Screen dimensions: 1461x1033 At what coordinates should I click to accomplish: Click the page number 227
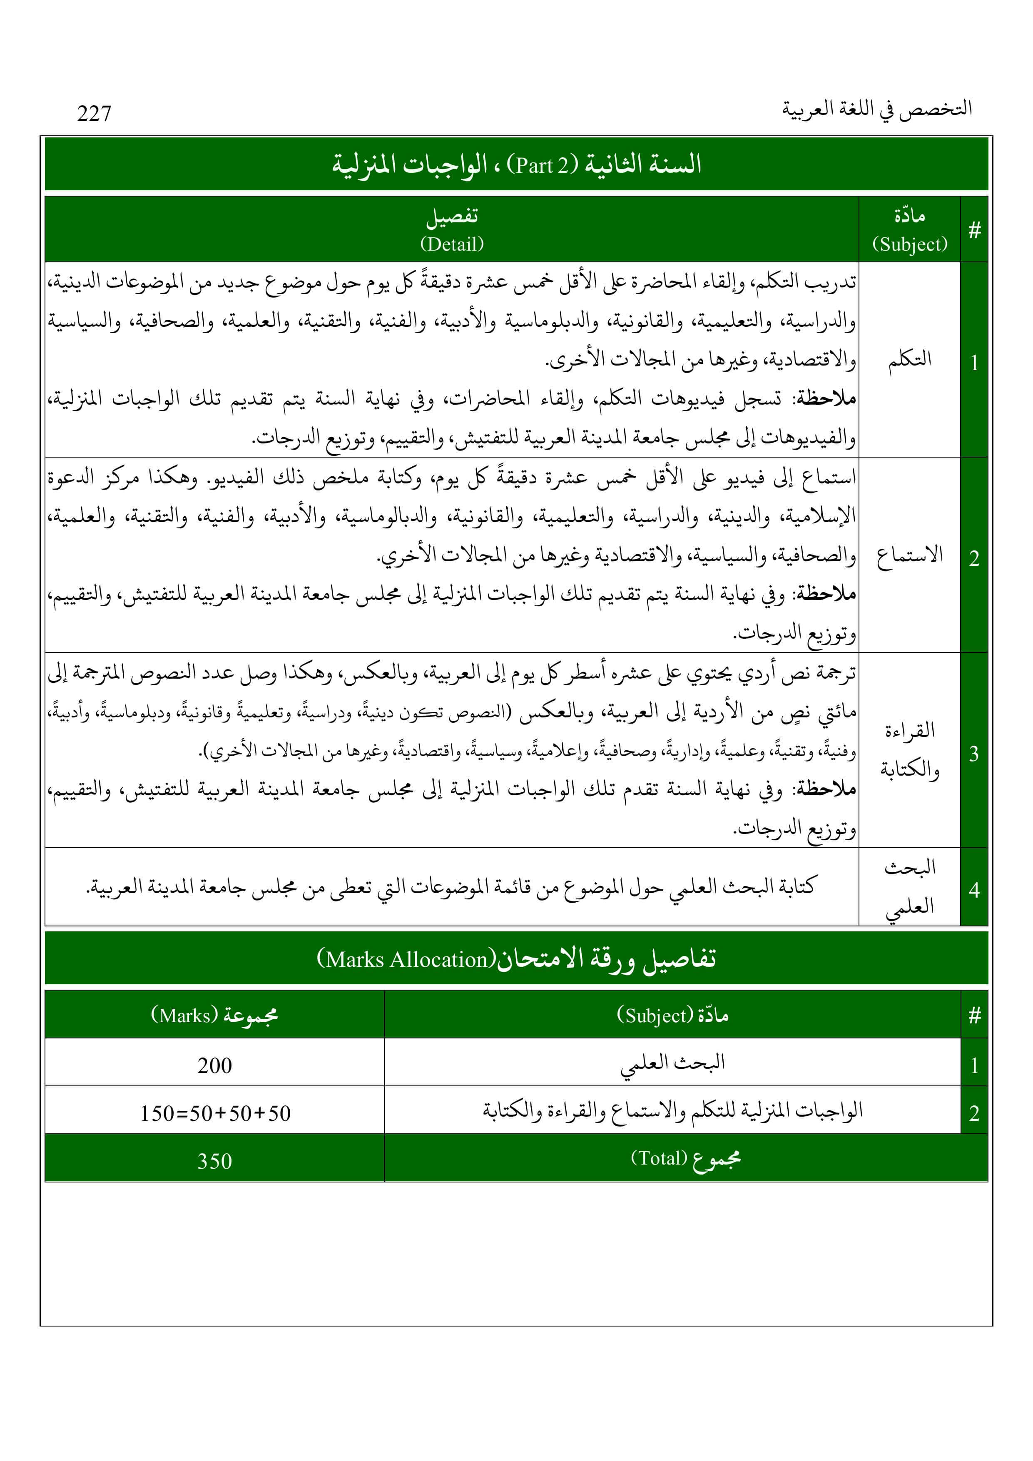[94, 113]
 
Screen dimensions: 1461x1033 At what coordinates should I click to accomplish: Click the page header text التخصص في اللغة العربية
[876, 109]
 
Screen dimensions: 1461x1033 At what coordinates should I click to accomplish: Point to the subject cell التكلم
[909, 359]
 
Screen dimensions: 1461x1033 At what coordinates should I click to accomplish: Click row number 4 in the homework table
[974, 890]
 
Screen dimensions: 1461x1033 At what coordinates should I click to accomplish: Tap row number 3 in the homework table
[974, 754]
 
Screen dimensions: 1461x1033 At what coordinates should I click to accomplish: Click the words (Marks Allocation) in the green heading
[406, 959]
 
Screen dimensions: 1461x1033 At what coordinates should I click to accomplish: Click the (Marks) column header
[184, 1015]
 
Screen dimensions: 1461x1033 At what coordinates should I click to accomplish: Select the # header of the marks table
[974, 1015]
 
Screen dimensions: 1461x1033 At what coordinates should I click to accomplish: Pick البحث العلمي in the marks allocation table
[673, 1063]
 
